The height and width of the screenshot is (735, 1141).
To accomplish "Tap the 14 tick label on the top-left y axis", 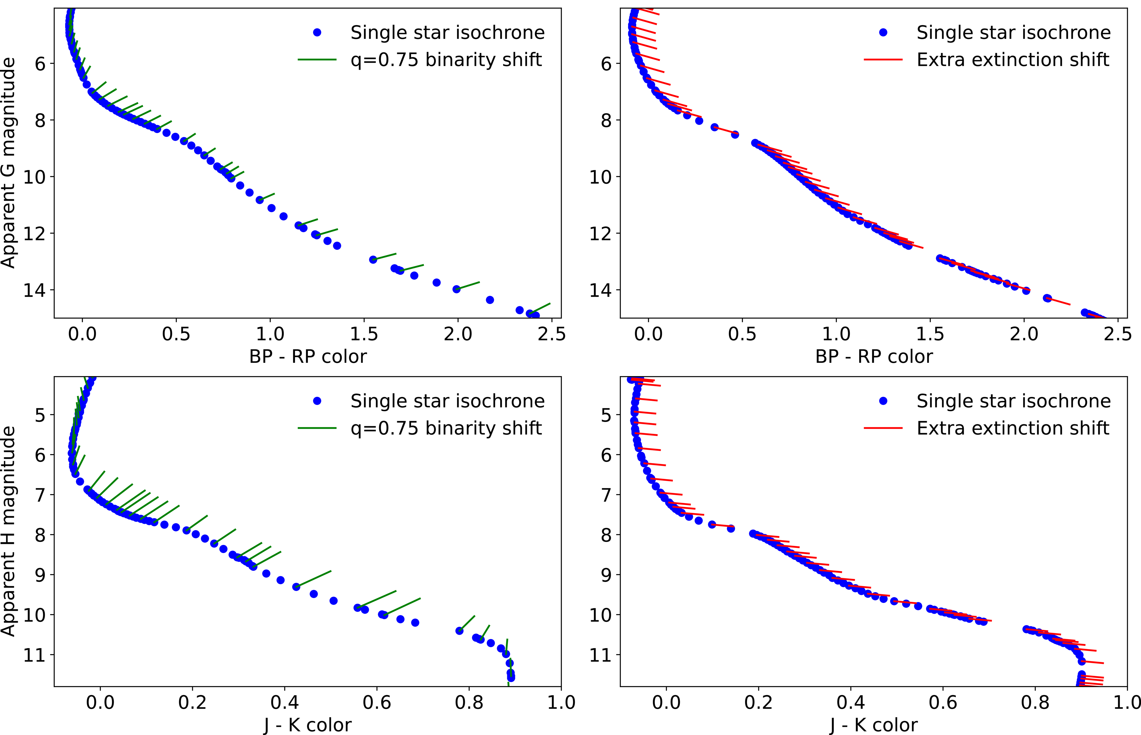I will coord(35,290).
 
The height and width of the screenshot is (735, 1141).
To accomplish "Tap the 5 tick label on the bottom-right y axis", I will coord(606,415).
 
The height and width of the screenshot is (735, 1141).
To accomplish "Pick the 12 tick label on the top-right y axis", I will coord(601,234).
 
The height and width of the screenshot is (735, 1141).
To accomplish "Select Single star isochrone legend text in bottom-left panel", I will coord(447,401).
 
